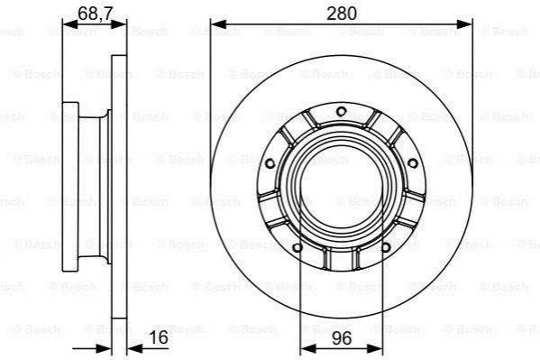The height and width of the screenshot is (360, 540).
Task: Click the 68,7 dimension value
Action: tap(91, 14)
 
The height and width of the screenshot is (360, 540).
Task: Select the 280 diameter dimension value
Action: tap(342, 14)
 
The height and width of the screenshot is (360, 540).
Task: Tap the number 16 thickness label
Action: tap(159, 337)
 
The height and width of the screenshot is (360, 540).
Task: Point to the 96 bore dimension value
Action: tap(342, 338)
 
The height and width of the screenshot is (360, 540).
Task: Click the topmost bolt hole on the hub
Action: tap(341, 111)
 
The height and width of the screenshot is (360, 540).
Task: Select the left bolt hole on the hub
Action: tap(270, 163)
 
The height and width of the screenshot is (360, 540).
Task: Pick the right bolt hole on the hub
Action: tap(413, 163)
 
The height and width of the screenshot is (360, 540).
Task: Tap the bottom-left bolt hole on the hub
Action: tap(297, 247)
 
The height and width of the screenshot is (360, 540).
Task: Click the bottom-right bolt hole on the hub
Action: tap(386, 247)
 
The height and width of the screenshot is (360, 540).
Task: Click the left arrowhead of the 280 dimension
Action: tap(218, 24)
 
